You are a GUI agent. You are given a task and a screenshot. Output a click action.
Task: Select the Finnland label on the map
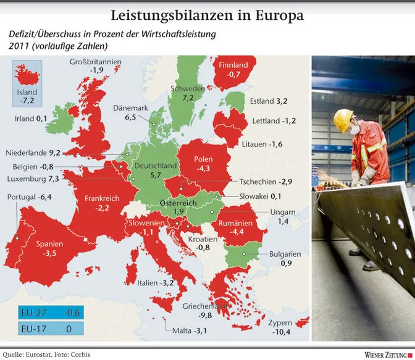coord(233,65)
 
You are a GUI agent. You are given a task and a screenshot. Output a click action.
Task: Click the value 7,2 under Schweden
coord(187,98)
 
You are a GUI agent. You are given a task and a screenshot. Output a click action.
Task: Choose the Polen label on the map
coord(203,159)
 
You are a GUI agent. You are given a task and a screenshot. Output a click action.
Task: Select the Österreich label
coord(178,203)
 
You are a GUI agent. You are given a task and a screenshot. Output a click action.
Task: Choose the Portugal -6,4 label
coord(28,197)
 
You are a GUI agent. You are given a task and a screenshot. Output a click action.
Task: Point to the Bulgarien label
coord(284,254)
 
